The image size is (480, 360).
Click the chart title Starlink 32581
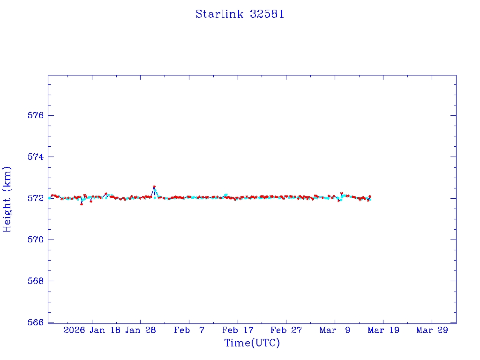point(240,14)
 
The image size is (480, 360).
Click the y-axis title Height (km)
point(7,199)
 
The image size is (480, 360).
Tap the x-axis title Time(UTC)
point(252,343)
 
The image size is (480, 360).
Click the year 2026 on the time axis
point(74,330)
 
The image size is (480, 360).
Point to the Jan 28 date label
point(141,330)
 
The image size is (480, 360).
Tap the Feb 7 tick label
point(189,330)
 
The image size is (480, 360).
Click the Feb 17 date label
point(238,330)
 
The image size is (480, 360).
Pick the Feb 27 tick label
point(286,330)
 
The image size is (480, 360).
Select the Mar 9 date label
point(335,330)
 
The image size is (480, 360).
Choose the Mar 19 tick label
point(383,330)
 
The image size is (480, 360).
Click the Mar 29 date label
point(432,330)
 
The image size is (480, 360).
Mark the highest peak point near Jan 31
point(154,187)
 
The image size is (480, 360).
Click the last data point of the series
point(370,196)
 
